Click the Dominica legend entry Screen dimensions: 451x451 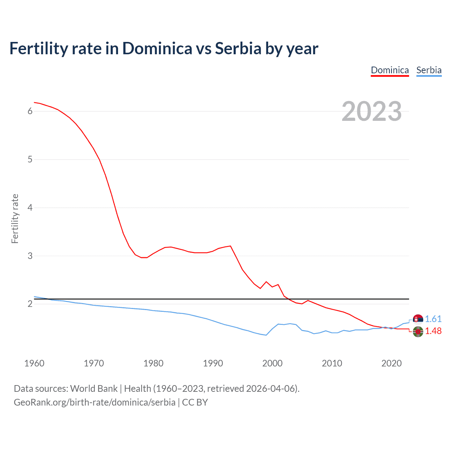click(x=390, y=70)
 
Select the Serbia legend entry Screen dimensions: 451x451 click(x=429, y=70)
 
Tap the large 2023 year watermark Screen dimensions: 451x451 click(x=371, y=111)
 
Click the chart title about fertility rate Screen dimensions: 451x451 click(x=164, y=48)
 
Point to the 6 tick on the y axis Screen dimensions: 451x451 click(x=30, y=111)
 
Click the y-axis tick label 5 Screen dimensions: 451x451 click(x=30, y=160)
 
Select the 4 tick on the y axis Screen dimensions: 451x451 click(x=30, y=208)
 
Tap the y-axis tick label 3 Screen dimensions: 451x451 click(x=30, y=256)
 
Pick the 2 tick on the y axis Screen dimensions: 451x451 click(x=30, y=304)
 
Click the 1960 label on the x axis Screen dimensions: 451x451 click(x=34, y=363)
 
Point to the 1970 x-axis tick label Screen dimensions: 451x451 click(x=94, y=363)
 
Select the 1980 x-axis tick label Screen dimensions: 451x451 click(x=153, y=363)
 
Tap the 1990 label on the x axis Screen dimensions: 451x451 click(x=213, y=363)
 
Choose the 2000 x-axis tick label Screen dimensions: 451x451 click(x=272, y=363)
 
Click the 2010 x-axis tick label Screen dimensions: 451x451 click(x=332, y=363)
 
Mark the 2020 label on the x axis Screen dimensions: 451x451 click(x=391, y=363)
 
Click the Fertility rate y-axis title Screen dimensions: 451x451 click(x=15, y=218)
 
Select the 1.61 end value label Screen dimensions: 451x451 click(x=433, y=319)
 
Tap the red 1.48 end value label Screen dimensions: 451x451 click(x=433, y=331)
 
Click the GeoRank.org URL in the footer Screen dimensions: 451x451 click(x=94, y=402)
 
